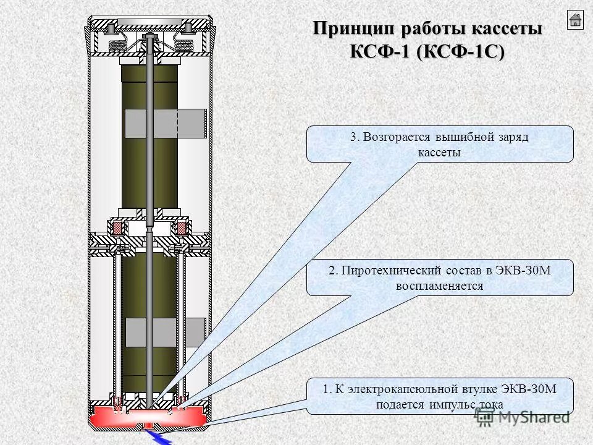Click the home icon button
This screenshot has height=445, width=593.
point(574,20)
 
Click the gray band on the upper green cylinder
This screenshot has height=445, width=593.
point(166,123)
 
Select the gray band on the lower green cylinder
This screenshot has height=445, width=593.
point(166,333)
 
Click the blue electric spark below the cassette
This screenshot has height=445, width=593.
point(161,437)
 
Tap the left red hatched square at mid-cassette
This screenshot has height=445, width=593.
point(116,229)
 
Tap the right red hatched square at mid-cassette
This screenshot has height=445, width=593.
point(182,229)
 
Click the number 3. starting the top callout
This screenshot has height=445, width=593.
point(354,137)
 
